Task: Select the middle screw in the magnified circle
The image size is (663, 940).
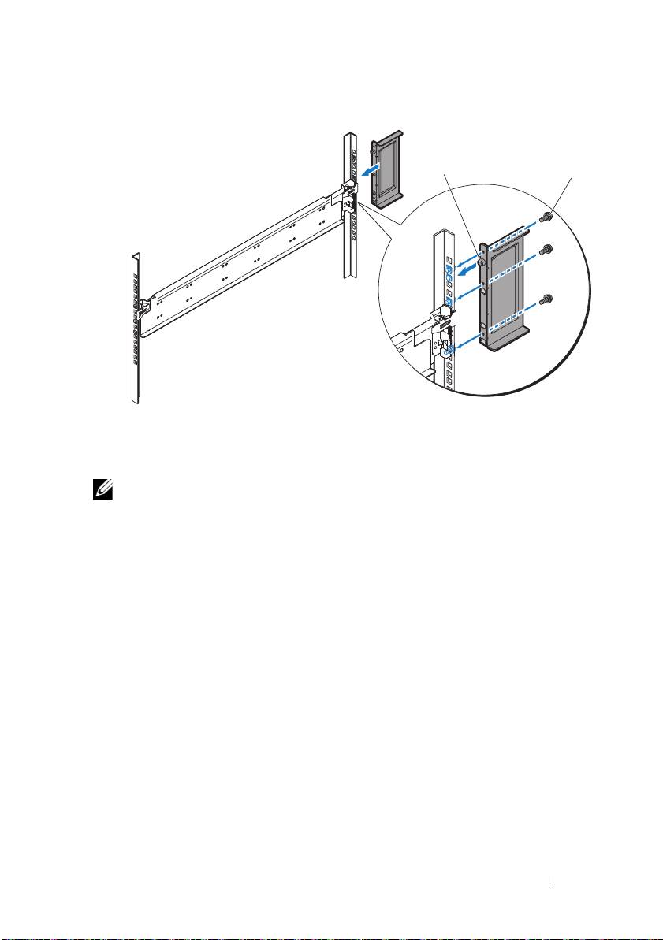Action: (x=546, y=251)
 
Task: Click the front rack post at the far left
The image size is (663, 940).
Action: (x=135, y=327)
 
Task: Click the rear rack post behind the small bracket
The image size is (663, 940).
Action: (x=349, y=205)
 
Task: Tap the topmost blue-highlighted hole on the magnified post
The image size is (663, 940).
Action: (x=449, y=269)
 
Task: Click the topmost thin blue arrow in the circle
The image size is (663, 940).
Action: (x=466, y=251)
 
